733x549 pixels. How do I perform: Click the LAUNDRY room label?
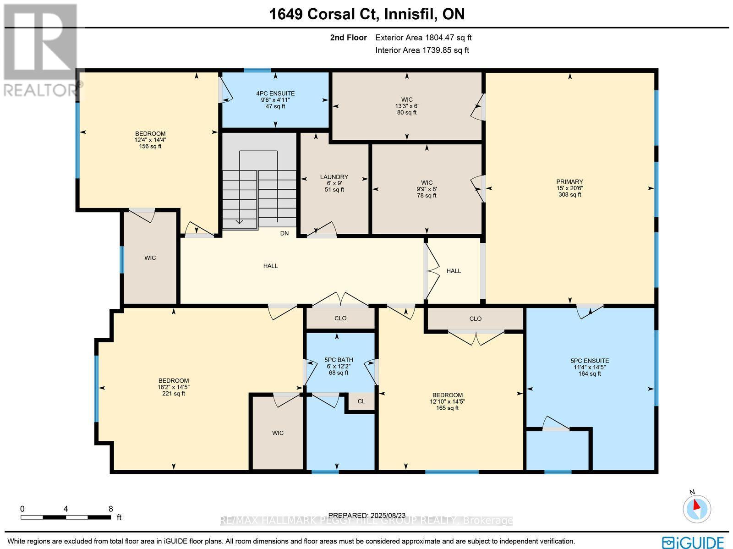[x=334, y=177]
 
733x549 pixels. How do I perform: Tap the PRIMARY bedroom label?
[x=569, y=182]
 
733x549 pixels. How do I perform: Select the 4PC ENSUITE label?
[x=275, y=93]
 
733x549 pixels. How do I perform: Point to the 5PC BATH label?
[x=339, y=360]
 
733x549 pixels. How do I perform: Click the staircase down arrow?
[x=240, y=221]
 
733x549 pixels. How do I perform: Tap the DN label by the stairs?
[x=284, y=233]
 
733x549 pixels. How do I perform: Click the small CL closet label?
[x=361, y=401]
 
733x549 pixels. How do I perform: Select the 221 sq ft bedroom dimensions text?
[x=174, y=387]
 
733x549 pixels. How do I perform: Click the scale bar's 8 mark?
[x=110, y=509]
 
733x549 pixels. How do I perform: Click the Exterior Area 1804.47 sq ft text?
[x=423, y=38]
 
